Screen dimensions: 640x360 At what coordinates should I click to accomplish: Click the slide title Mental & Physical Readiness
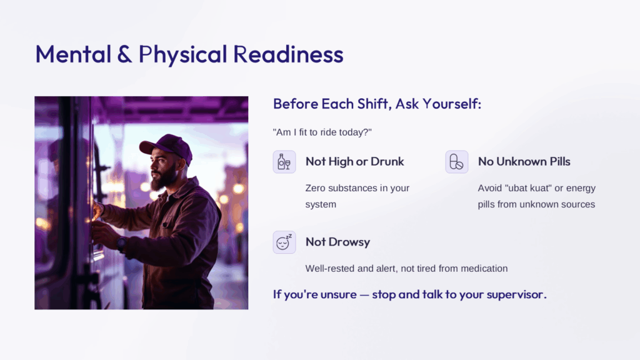(x=189, y=54)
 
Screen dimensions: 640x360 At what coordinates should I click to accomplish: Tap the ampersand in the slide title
(x=124, y=54)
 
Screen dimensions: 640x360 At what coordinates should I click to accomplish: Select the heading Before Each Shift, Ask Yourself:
(x=377, y=104)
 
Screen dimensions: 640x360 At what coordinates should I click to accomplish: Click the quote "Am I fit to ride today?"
(x=322, y=132)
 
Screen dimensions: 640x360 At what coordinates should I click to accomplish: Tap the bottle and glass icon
(x=284, y=162)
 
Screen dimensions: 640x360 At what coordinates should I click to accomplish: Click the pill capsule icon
(x=456, y=162)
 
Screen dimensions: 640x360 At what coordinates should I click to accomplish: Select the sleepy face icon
(x=284, y=242)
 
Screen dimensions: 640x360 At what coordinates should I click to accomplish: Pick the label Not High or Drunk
(x=355, y=162)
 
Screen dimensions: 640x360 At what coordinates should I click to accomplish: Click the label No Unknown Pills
(x=524, y=162)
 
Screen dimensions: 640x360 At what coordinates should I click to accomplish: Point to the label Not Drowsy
(x=337, y=242)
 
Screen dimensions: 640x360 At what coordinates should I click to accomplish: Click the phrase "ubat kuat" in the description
(x=528, y=188)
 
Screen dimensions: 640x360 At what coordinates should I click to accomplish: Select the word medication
(x=484, y=269)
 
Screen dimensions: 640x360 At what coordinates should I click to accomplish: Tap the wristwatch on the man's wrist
(x=121, y=244)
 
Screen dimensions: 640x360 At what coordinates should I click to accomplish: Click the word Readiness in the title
(x=289, y=54)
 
